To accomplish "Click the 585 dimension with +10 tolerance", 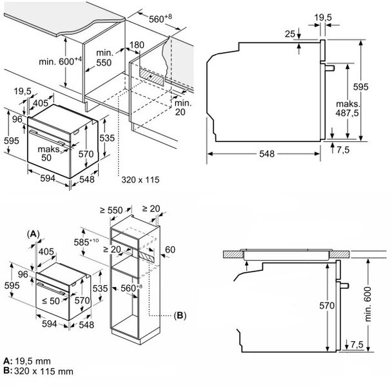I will pyautogui.click(x=87, y=243).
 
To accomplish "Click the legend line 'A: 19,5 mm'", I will pyautogui.click(x=27, y=361).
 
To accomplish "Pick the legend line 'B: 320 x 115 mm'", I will pyautogui.click(x=38, y=371).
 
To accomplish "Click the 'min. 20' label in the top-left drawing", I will pyautogui.click(x=182, y=106).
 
